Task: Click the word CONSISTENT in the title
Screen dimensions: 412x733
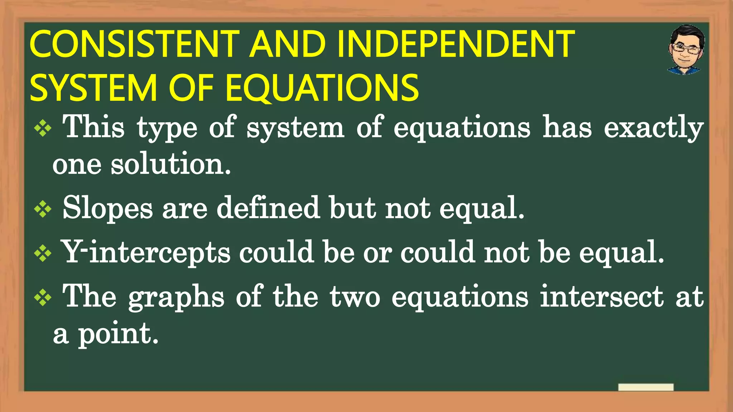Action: (x=134, y=44)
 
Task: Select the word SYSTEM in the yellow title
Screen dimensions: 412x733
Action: (x=93, y=88)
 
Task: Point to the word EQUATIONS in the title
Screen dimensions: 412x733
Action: (x=322, y=88)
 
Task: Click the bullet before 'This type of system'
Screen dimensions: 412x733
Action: (x=43, y=128)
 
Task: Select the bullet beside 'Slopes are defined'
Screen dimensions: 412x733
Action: (x=43, y=209)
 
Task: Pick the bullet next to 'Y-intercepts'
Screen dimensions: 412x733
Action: (x=43, y=254)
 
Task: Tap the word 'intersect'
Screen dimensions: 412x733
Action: (x=602, y=296)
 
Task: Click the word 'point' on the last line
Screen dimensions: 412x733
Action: (x=118, y=334)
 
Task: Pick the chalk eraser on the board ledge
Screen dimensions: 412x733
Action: (x=646, y=387)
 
